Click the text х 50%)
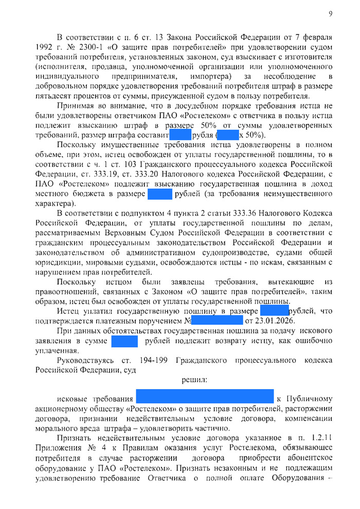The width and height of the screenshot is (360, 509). (253, 135)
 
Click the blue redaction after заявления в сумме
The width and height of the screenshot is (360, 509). (124, 341)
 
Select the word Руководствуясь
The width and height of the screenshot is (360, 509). (84, 360)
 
